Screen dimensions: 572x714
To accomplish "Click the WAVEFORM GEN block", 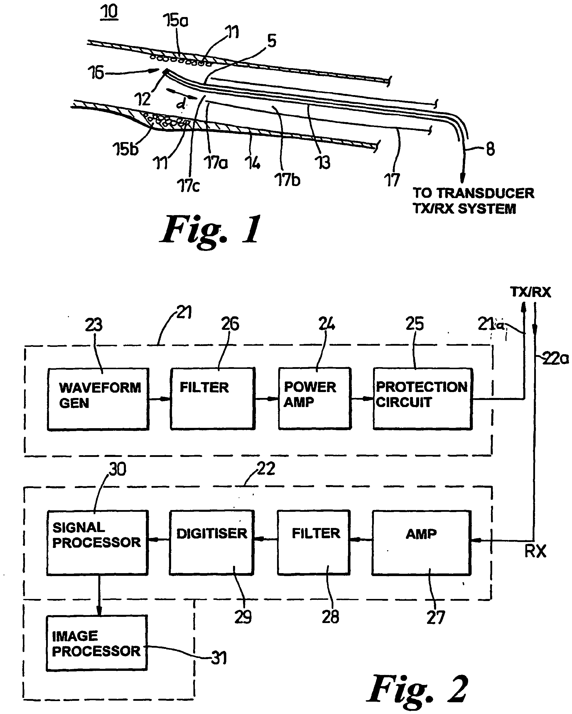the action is [98, 399].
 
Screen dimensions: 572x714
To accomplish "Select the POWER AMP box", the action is [315, 399].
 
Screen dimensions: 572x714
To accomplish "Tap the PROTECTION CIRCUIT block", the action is [423, 399].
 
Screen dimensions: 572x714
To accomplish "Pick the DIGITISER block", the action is [212, 542].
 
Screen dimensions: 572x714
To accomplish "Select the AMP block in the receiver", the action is [421, 542].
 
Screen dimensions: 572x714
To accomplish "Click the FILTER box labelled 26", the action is [213, 399].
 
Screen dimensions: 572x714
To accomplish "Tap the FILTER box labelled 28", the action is [314, 542].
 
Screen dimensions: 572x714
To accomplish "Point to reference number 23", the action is [94, 325].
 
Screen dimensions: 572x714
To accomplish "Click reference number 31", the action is [219, 658].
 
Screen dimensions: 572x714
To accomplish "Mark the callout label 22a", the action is [555, 358].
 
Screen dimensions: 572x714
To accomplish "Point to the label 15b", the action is [125, 149].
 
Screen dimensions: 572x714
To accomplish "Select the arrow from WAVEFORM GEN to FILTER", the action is [160, 399].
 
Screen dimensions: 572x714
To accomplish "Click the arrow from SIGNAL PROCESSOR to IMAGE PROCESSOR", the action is [99, 595].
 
